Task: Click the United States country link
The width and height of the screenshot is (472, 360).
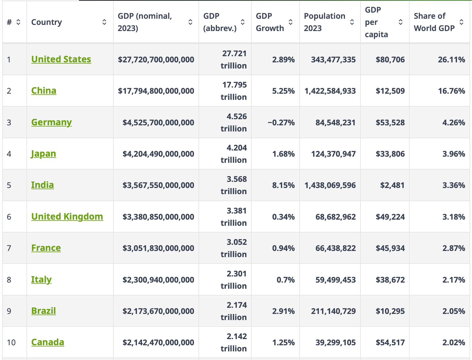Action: tap(61, 59)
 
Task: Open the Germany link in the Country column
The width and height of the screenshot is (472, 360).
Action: tap(51, 122)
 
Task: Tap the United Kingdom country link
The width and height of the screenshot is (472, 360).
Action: tap(67, 217)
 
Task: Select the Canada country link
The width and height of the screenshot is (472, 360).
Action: tap(48, 342)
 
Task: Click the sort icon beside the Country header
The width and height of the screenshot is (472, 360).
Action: tap(104, 22)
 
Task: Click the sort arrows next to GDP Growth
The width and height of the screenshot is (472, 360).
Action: tap(290, 22)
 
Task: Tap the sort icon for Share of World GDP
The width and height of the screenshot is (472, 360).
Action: tap(461, 22)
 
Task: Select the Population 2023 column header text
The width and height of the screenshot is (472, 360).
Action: tap(324, 22)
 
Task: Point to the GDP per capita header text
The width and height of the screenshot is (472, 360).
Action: tap(376, 22)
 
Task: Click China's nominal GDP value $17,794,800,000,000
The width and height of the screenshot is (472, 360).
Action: tap(156, 91)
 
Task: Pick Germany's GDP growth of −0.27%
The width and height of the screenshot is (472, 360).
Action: tap(281, 123)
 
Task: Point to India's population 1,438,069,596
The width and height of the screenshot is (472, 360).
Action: tap(330, 185)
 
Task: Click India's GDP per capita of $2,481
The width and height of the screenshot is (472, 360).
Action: tap(392, 185)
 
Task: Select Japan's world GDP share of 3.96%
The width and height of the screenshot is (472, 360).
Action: tap(454, 154)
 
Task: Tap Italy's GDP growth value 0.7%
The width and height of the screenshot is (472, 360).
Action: tap(285, 280)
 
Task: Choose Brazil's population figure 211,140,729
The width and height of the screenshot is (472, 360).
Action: tap(333, 311)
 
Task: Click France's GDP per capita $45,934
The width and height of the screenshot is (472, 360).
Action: tap(390, 248)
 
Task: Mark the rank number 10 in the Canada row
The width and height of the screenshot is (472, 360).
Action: tap(11, 342)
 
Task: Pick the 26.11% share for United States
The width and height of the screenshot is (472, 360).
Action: tap(451, 60)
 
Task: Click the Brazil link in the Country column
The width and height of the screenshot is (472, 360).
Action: tap(44, 311)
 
